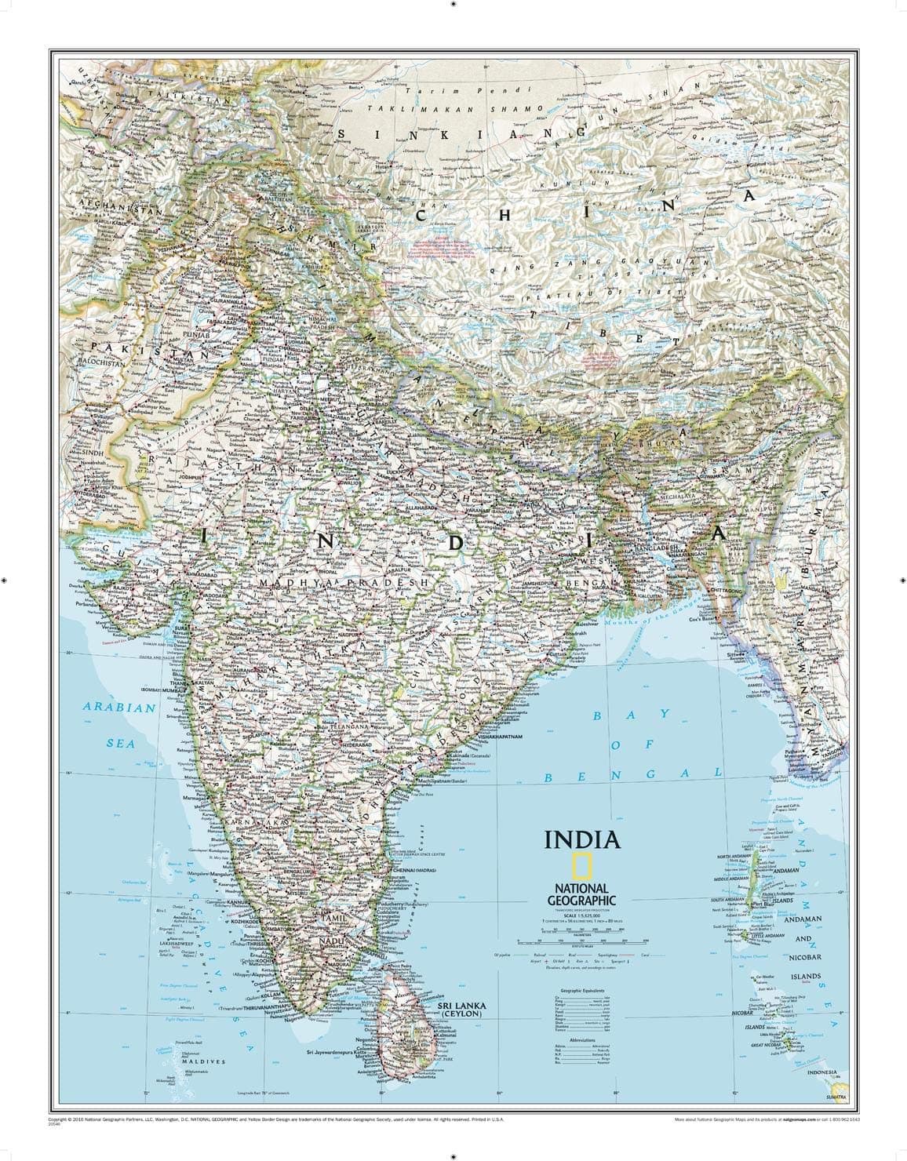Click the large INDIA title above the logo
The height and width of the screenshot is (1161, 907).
[x=583, y=839]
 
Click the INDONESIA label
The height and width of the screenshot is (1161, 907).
[x=821, y=1072]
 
